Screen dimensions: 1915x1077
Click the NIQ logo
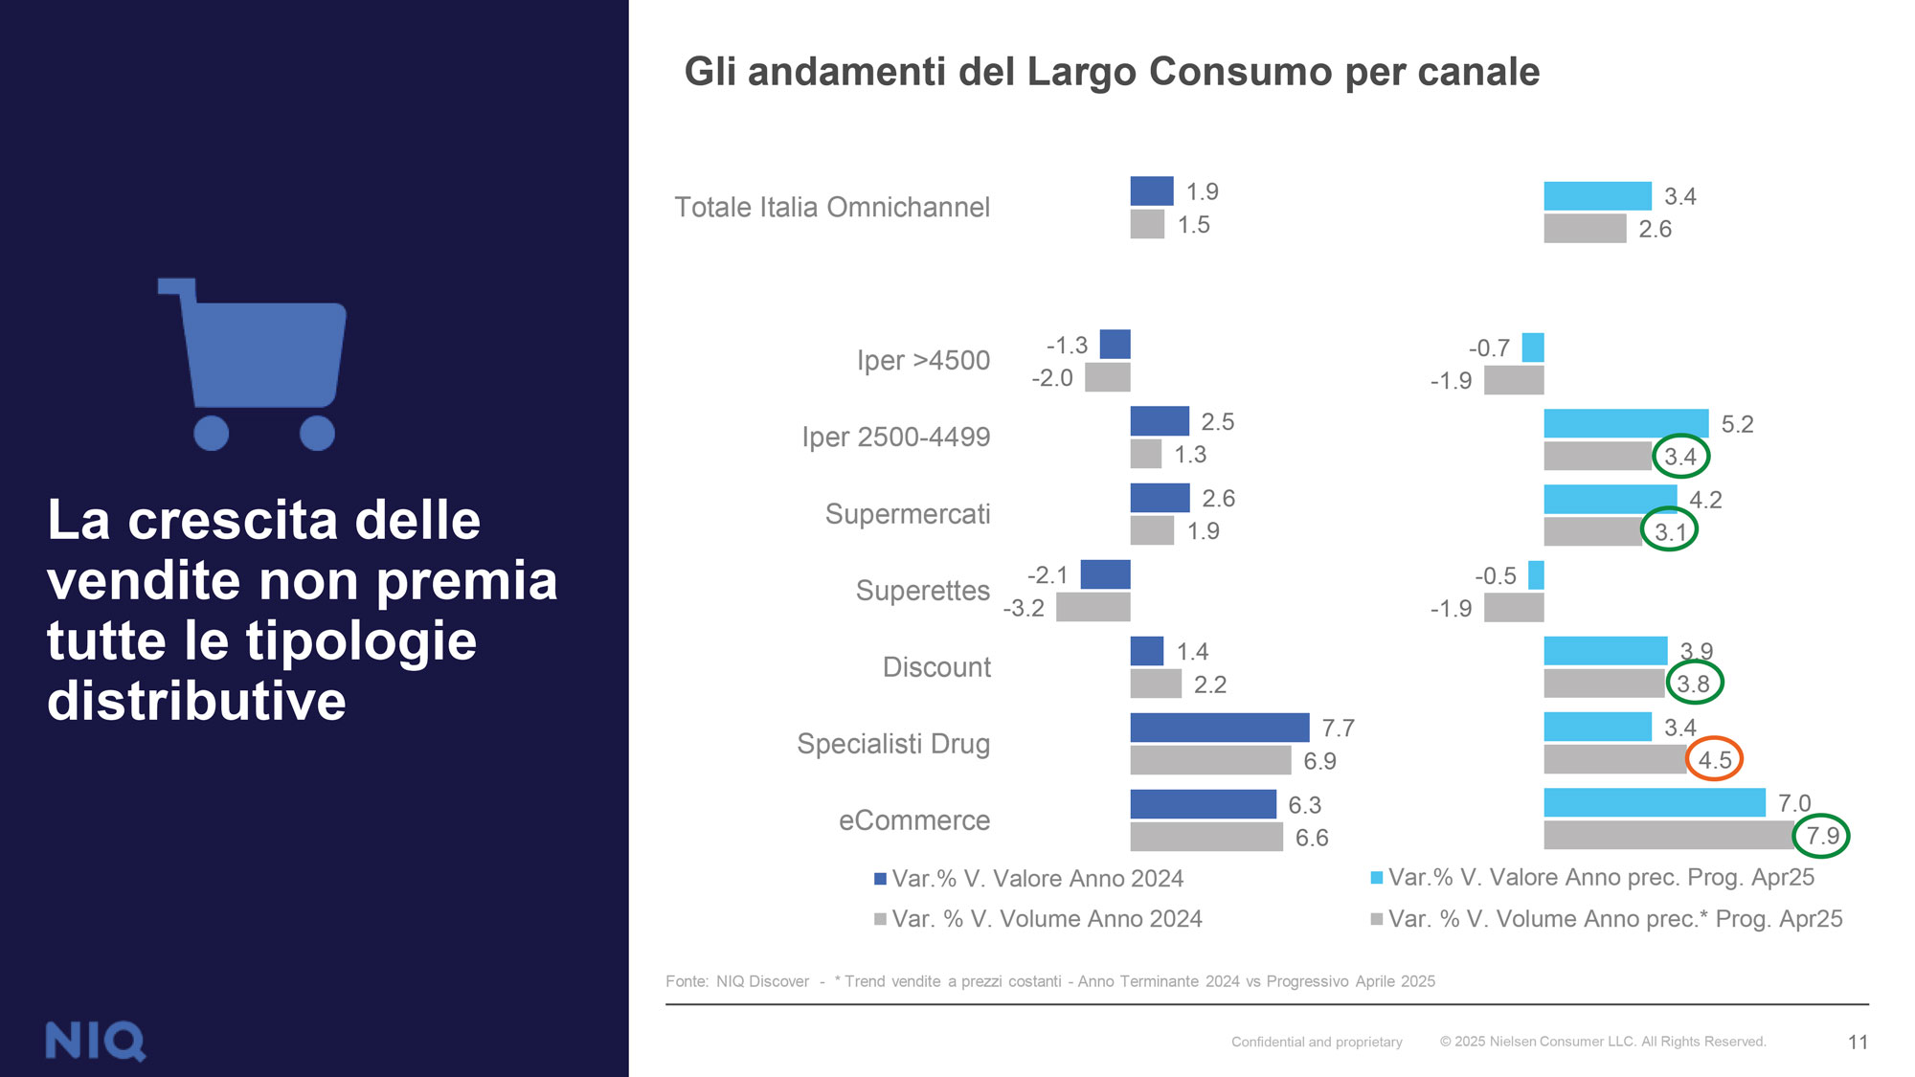tap(96, 1041)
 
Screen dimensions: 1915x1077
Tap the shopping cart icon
tap(253, 364)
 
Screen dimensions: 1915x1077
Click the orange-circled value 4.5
tap(1714, 759)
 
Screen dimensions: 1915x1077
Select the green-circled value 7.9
tap(1821, 836)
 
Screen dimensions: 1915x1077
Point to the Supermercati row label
tap(908, 514)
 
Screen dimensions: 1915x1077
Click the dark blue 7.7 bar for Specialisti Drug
tap(1219, 728)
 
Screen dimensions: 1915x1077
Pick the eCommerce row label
tap(914, 820)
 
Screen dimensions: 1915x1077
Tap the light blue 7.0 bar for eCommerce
tap(1655, 802)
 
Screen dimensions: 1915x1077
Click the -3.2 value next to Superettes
tap(1024, 608)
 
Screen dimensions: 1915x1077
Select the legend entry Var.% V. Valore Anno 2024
tap(1029, 879)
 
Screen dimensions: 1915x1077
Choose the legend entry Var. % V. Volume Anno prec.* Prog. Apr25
tap(1607, 919)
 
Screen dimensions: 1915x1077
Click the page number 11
tap(1858, 1042)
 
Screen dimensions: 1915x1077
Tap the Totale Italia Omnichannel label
tap(832, 208)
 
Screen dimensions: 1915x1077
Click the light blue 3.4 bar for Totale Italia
tap(1598, 196)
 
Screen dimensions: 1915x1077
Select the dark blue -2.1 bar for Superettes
tap(1106, 574)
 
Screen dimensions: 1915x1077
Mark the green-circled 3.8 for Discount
tap(1694, 684)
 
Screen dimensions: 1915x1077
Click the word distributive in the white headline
tap(197, 701)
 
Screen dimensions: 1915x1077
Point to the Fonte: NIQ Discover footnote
tap(737, 981)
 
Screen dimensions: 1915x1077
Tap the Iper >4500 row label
tap(923, 361)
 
